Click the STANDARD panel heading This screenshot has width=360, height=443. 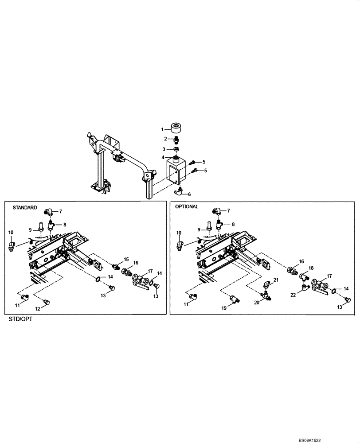24,207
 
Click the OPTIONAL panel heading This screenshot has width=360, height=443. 187,207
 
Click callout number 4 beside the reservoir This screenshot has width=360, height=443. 163,157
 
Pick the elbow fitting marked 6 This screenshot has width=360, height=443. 179,191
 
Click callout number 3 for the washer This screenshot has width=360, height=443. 163,149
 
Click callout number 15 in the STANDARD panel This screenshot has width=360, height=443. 126,259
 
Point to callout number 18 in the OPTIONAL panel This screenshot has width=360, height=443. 311,268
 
